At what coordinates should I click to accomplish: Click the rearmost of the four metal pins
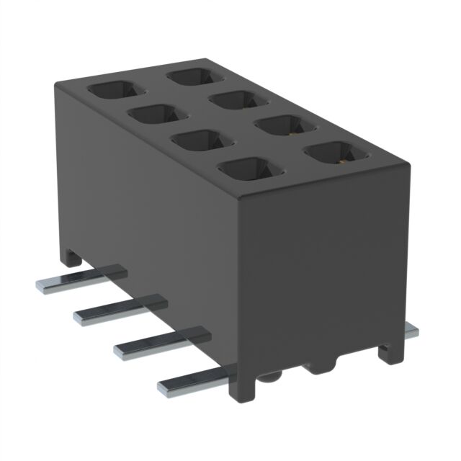click(79, 277)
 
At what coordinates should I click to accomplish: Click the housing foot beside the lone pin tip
click(389, 352)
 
